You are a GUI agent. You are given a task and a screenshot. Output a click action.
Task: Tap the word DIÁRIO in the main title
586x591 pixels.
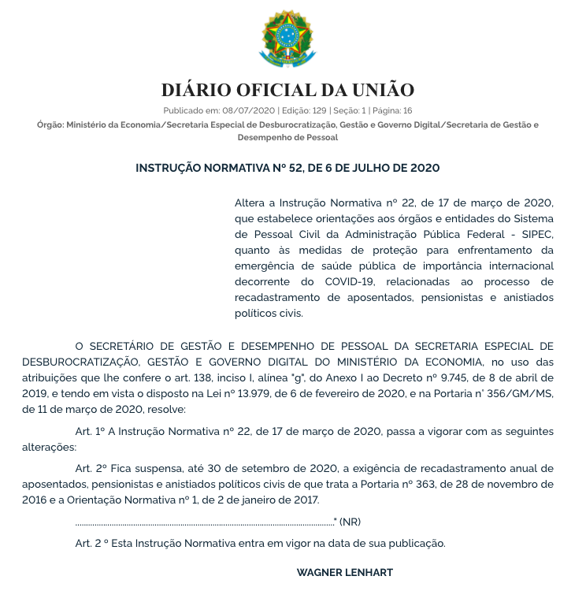click(197, 90)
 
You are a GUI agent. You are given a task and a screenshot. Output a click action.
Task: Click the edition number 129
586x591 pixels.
click(317, 111)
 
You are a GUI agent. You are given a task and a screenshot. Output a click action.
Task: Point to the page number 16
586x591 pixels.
click(407, 111)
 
